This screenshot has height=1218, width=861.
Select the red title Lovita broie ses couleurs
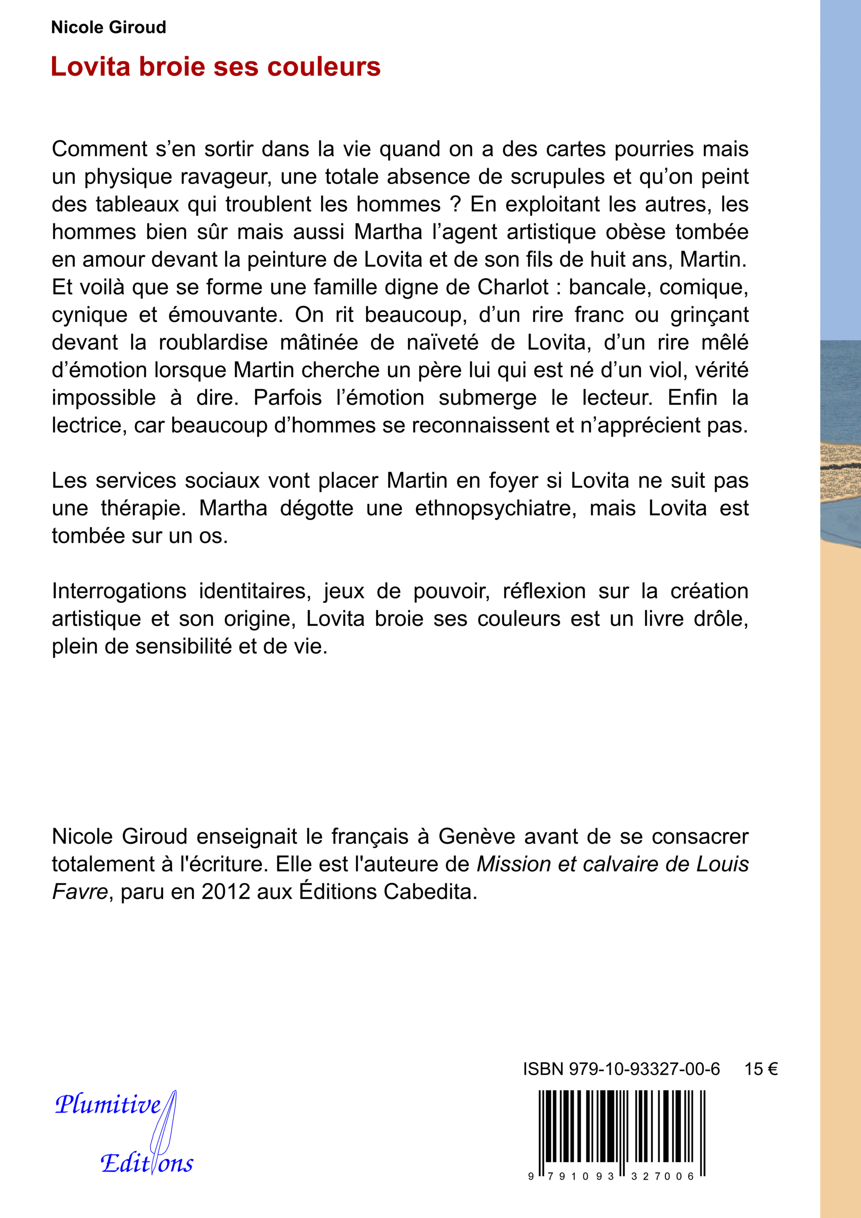215,67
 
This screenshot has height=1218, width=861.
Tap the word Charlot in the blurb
513,287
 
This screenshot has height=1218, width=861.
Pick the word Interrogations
119,591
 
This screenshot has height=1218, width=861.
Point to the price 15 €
761,1069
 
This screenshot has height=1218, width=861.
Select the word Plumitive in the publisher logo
108,1104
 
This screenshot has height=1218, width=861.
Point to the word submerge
487,398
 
